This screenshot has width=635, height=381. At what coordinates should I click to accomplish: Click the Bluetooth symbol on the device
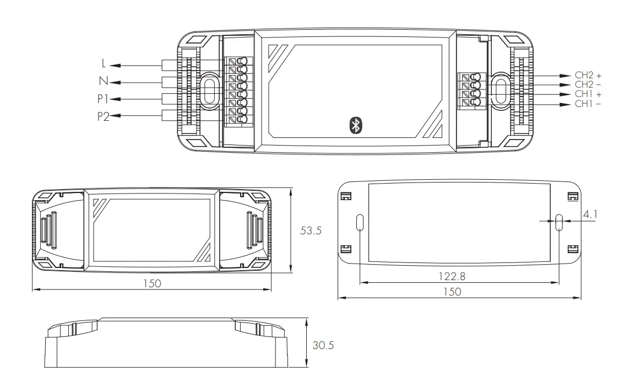coord(355,126)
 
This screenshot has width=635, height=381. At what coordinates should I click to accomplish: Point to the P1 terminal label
coord(101,99)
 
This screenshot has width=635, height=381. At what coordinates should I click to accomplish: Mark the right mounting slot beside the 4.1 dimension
coord(559,222)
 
